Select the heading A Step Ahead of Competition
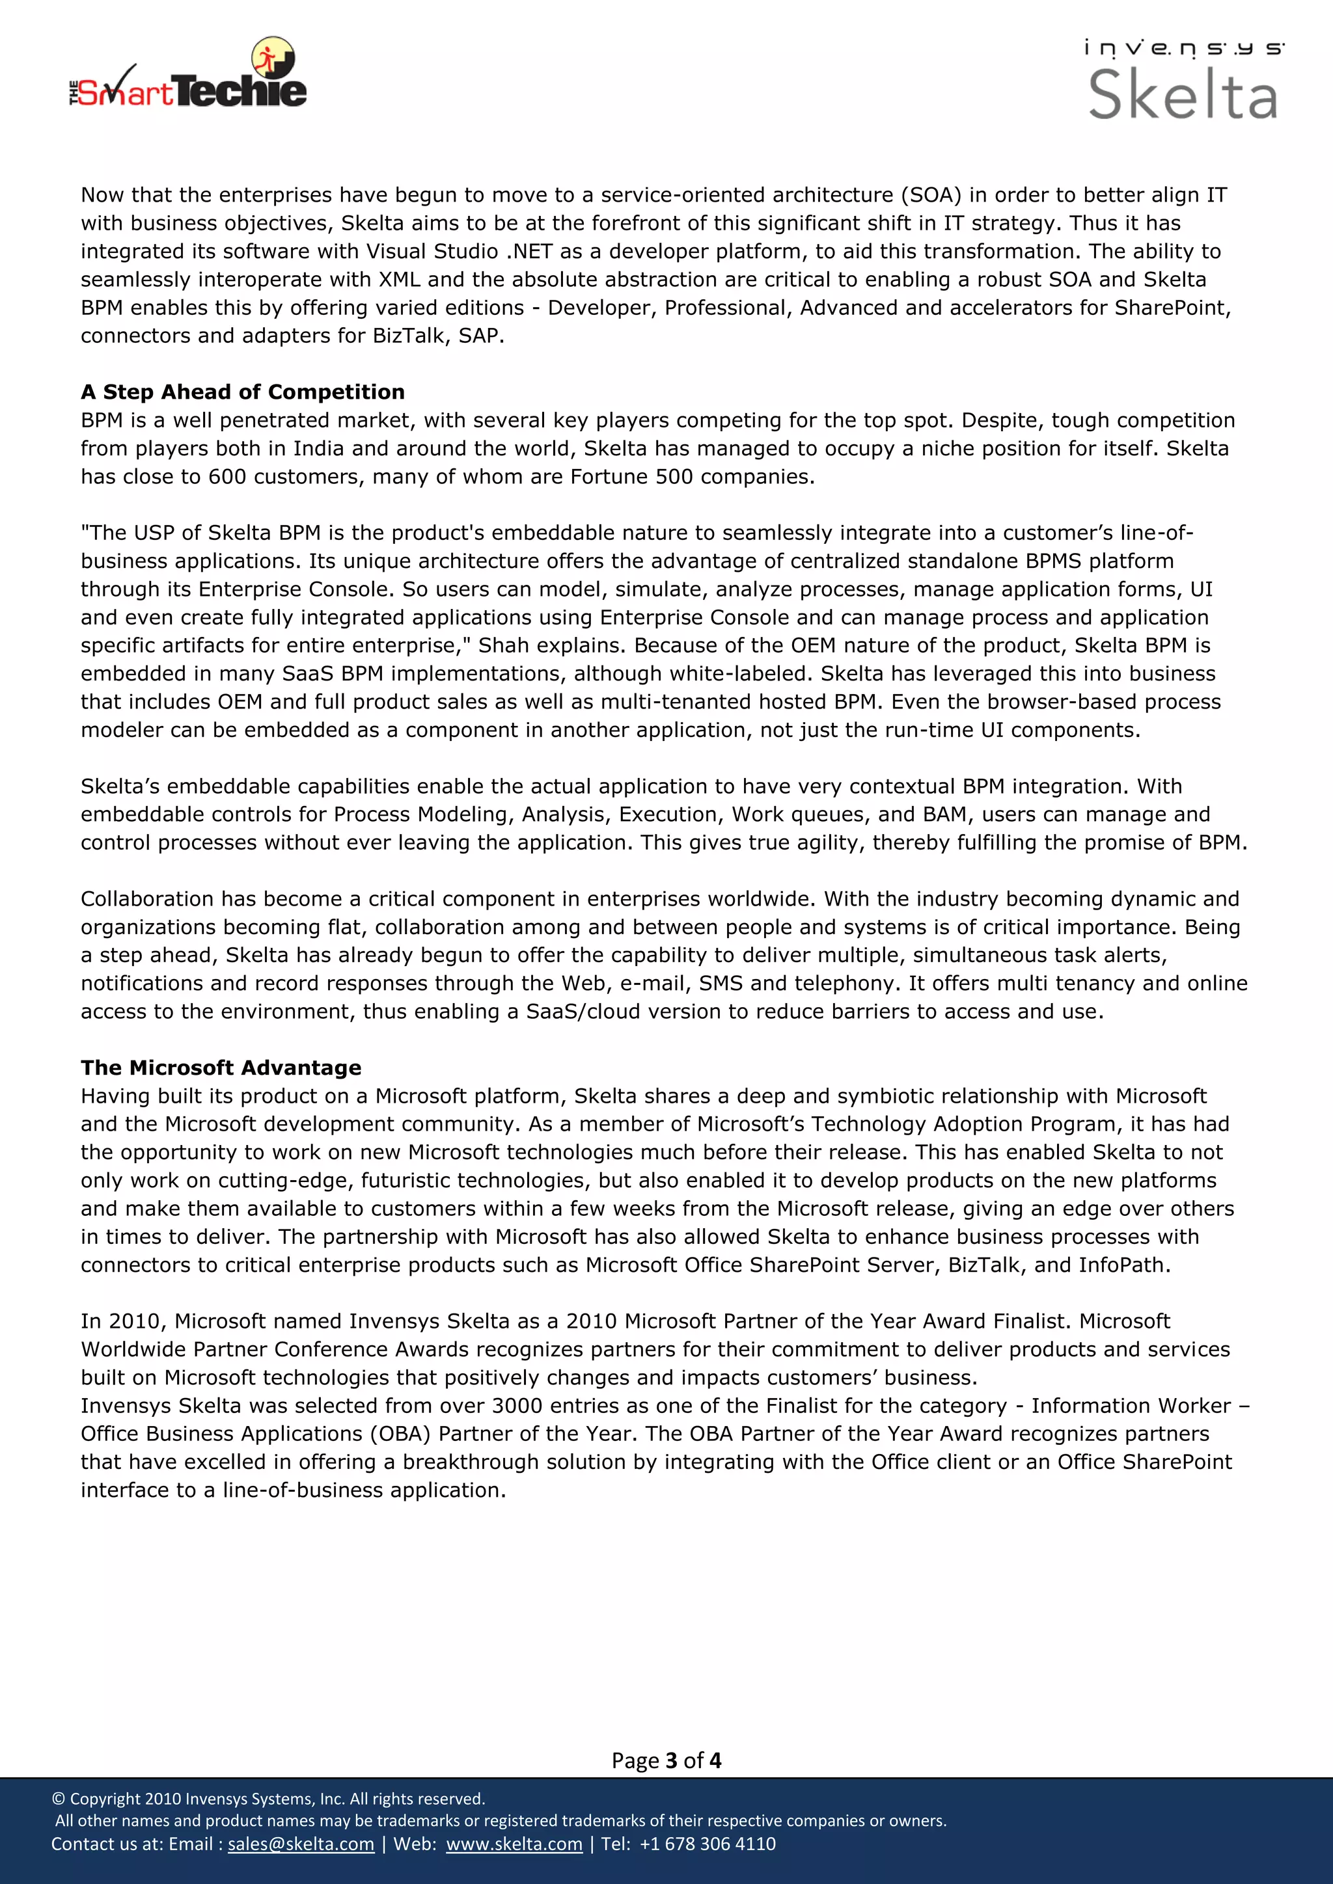point(242,392)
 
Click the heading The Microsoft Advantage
point(221,1068)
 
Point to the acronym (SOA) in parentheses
point(931,195)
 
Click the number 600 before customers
point(227,477)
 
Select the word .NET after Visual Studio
point(529,252)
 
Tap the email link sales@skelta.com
point(301,1844)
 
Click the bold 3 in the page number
point(670,1761)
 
